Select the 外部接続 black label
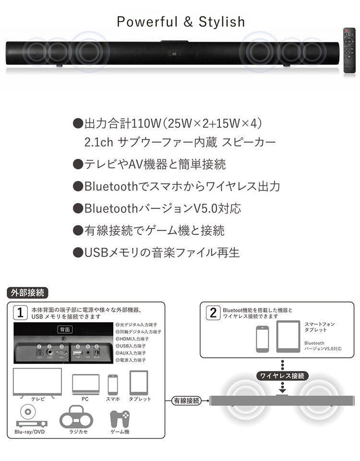click(27, 292)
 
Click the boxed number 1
click(20, 313)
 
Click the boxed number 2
click(213, 313)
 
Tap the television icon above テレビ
click(37, 382)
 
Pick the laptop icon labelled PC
click(85, 384)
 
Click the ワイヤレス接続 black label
click(282, 376)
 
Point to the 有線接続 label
click(186, 400)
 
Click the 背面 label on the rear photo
click(65, 329)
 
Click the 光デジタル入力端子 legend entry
click(138, 325)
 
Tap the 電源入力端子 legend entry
click(136, 360)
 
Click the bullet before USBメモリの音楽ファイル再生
click(77, 252)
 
